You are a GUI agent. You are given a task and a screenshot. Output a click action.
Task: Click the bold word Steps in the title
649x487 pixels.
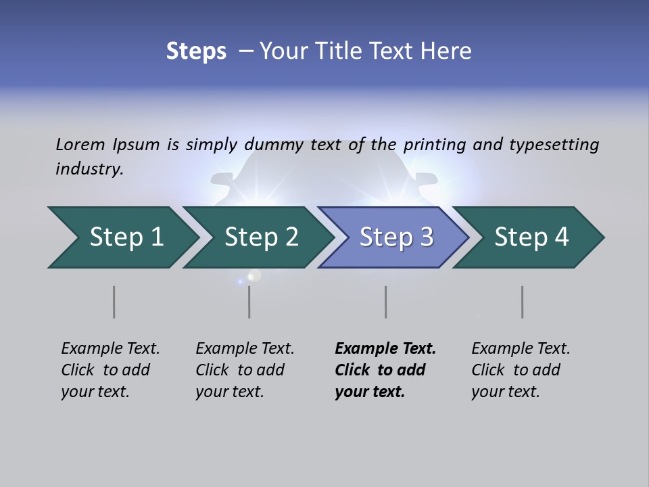click(x=196, y=51)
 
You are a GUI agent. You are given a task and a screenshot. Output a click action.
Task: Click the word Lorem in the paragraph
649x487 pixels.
click(x=80, y=144)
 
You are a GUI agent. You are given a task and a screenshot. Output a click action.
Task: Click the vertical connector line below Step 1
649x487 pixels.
click(x=114, y=302)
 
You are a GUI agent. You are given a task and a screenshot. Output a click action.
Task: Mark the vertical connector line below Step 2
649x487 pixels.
click(x=249, y=302)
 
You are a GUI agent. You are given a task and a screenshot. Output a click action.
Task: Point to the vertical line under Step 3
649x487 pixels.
click(x=386, y=302)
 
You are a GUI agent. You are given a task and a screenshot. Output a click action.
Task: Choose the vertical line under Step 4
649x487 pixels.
click(x=523, y=302)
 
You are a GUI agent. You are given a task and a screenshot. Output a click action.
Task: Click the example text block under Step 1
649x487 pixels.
click(x=110, y=370)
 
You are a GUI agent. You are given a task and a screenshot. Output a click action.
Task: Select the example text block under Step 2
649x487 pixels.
click(x=245, y=370)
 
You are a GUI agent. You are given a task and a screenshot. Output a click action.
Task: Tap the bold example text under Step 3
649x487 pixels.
click(x=385, y=370)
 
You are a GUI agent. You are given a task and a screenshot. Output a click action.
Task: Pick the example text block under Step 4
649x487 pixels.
click(x=521, y=370)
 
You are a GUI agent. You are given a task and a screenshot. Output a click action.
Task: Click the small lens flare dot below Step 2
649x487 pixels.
click(x=255, y=275)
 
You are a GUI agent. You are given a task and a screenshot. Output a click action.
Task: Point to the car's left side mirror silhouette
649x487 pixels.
click(x=222, y=180)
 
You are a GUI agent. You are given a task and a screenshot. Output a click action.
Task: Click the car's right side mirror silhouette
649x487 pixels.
click(x=427, y=179)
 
